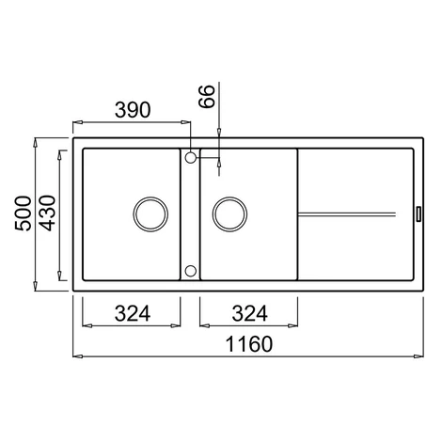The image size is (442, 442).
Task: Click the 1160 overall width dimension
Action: point(249,344)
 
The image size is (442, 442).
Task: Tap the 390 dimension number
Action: point(133,110)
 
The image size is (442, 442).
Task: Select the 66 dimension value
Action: point(207,96)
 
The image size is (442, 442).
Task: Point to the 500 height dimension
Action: point(24,213)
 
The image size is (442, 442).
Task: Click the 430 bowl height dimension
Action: point(48,213)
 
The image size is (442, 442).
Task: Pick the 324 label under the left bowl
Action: point(133,313)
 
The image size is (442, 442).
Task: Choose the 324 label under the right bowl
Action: point(249,313)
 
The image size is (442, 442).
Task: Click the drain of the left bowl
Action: point(150,214)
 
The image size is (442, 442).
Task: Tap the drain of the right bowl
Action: point(229,214)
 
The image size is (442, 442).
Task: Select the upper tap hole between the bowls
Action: point(191,157)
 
